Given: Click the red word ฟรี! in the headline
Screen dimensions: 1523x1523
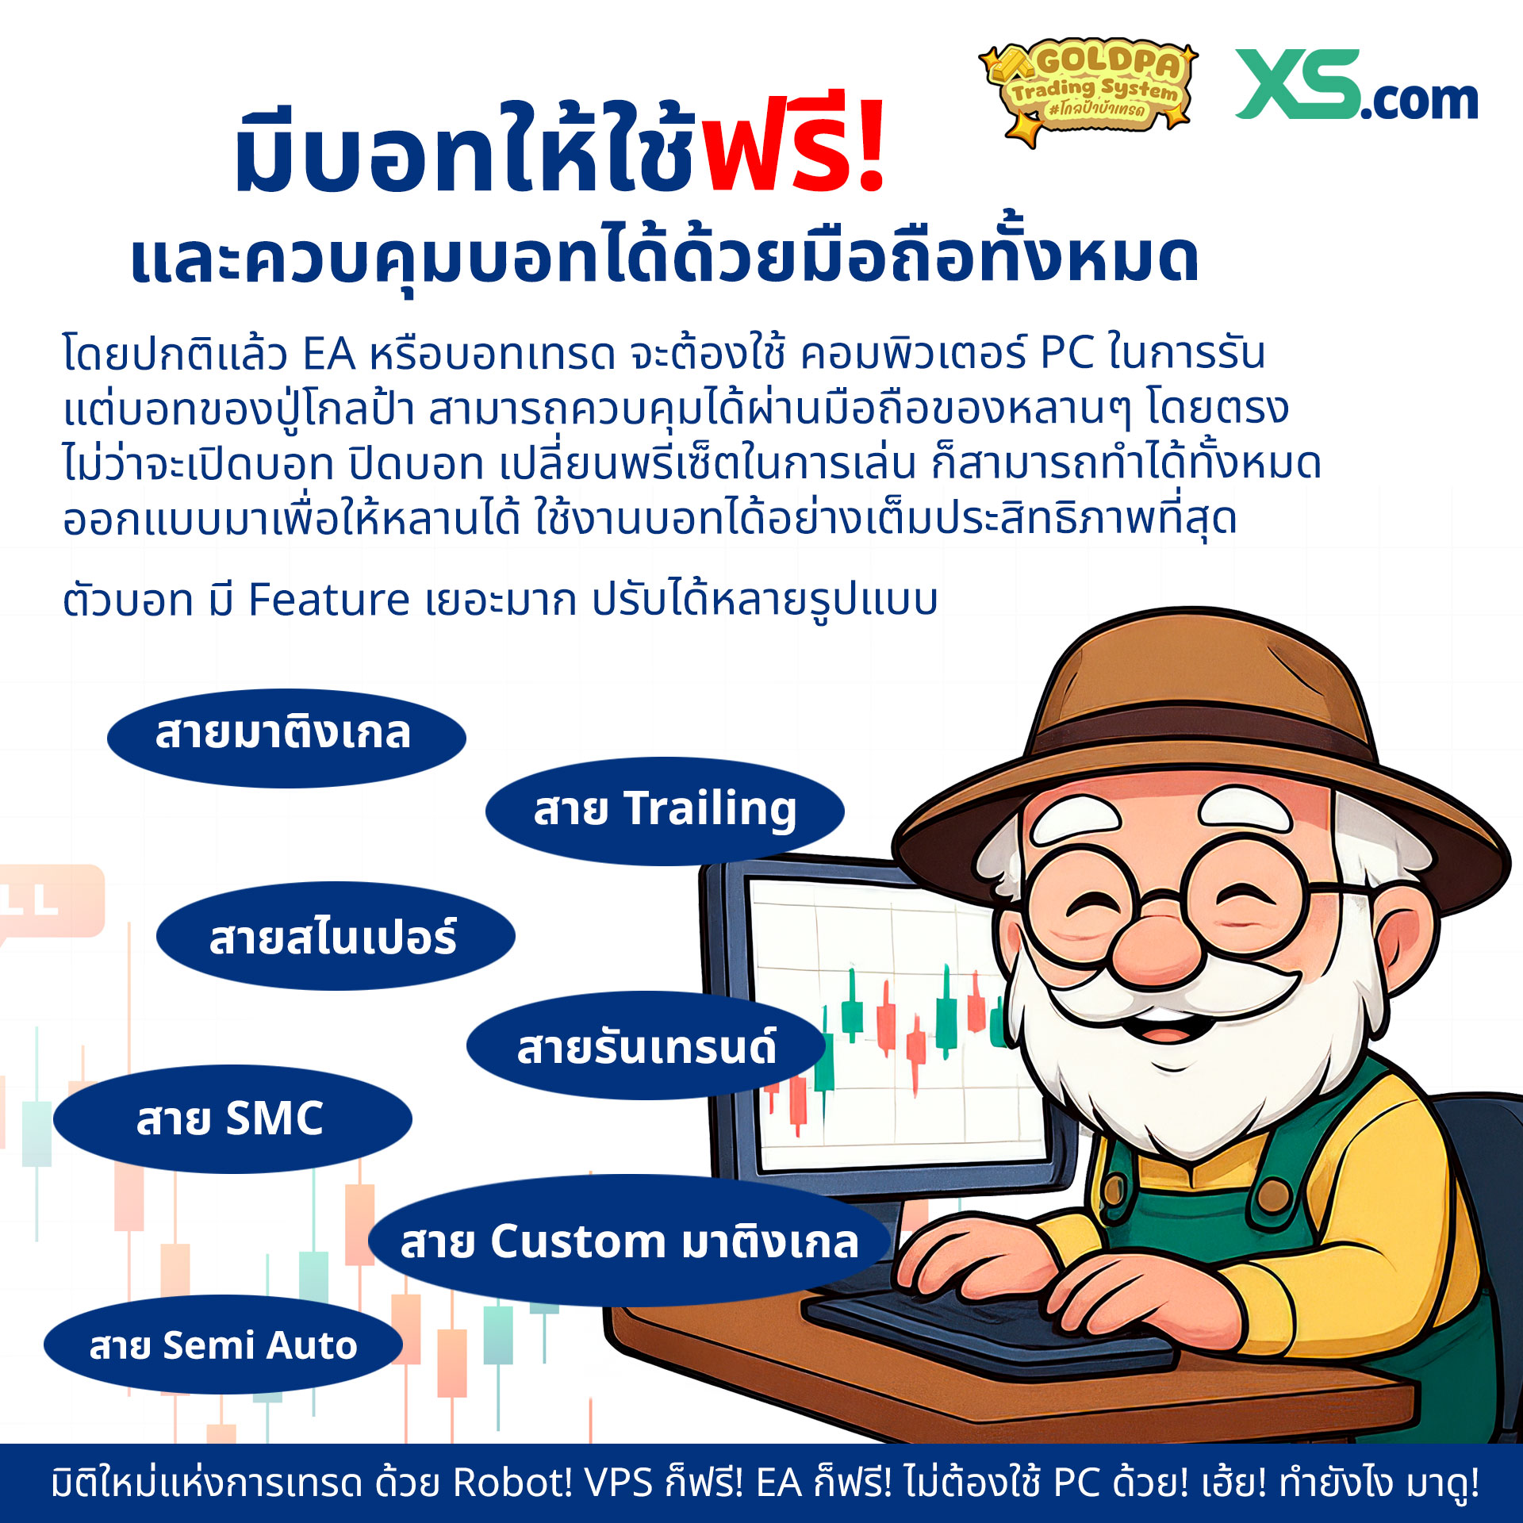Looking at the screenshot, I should pos(794,147).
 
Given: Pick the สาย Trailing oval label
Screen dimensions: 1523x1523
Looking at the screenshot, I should pos(665,810).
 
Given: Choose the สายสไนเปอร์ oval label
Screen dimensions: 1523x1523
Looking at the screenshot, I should pos(335,937).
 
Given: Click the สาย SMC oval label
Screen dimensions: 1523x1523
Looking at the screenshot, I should pos(232,1119).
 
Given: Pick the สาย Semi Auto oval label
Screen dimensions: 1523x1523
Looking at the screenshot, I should pos(223,1345).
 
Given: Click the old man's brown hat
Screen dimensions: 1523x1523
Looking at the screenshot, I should pos(1198,714).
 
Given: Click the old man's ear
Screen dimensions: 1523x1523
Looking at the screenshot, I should pos(1400,944).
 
